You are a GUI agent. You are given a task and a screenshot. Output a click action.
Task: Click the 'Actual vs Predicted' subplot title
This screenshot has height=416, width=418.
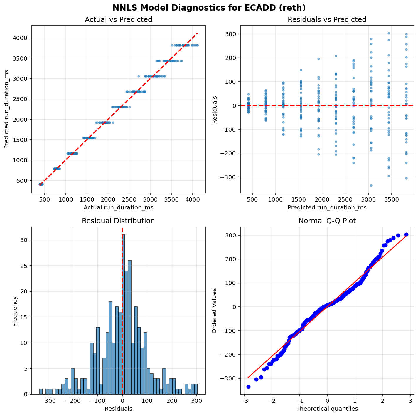(118, 20)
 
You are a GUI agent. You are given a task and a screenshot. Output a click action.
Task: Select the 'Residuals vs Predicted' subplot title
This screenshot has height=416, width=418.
(327, 20)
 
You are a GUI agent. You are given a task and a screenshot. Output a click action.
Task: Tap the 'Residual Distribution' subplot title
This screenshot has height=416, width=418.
(118, 221)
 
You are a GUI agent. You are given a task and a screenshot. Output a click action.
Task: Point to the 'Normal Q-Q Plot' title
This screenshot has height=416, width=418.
(327, 221)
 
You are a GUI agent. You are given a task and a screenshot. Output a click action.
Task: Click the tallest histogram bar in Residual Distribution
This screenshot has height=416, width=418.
(124, 314)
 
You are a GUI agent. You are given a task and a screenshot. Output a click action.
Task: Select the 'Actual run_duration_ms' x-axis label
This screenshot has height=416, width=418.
(118, 208)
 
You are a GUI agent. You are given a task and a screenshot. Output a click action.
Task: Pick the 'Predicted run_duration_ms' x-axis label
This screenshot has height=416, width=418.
(327, 208)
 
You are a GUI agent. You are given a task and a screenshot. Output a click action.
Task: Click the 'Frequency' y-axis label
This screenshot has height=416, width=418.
(15, 311)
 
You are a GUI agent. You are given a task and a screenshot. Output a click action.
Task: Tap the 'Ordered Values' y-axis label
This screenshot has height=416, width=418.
(215, 311)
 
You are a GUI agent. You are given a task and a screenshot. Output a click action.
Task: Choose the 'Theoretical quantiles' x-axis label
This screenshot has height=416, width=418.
(327, 409)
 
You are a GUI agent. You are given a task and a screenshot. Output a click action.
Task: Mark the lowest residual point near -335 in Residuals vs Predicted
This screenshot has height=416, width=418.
(371, 185)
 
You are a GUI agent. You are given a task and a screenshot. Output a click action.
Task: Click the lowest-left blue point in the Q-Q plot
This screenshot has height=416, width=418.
(248, 387)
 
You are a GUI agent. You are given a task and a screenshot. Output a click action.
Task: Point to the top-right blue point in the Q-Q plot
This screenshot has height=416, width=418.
(406, 234)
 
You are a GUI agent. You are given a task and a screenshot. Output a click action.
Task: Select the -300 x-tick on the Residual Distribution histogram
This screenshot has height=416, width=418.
(48, 400)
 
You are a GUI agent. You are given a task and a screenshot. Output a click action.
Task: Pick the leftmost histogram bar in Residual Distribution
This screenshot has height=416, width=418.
(41, 392)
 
